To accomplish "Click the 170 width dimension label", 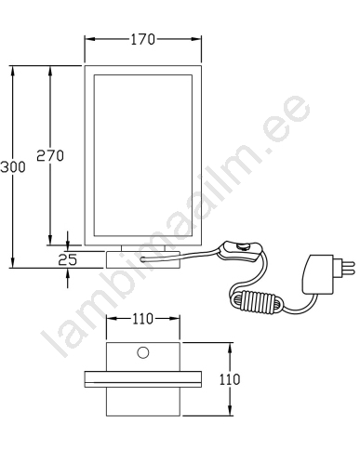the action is click(142, 40).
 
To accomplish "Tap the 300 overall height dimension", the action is click(13, 167).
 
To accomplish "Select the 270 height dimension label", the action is click(50, 155).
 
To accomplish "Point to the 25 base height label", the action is click(68, 259).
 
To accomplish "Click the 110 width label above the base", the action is click(142, 319).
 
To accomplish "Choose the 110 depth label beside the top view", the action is click(230, 379).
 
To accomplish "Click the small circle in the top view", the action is click(143, 352).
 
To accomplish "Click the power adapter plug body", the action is click(318, 274).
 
